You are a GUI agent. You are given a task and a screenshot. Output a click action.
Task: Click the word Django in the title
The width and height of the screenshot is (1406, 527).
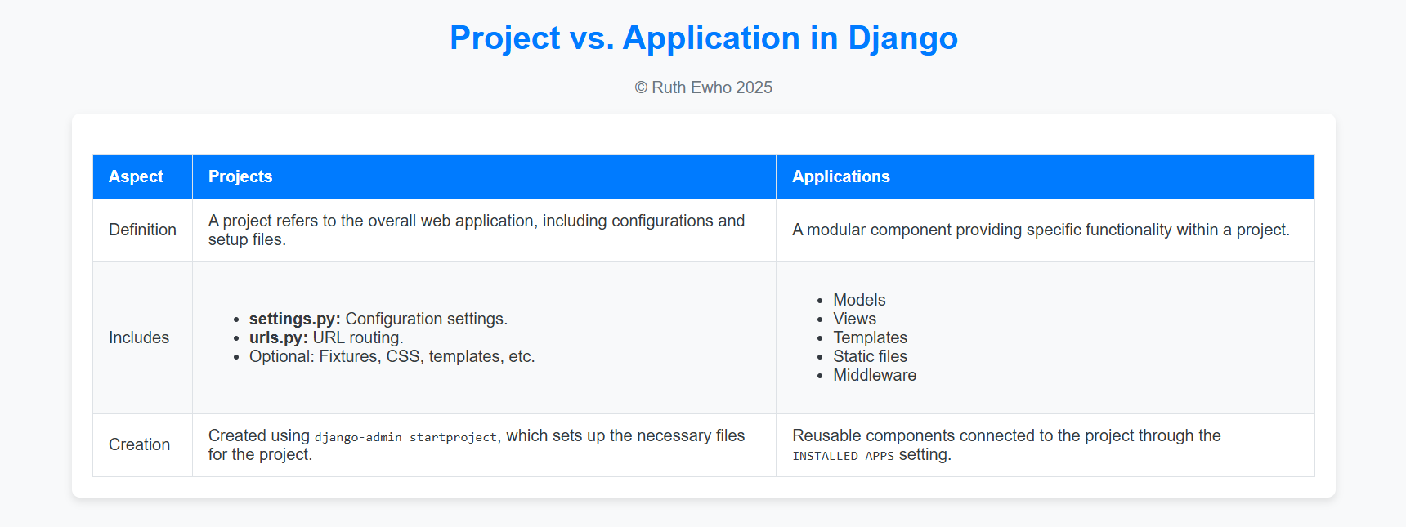point(902,38)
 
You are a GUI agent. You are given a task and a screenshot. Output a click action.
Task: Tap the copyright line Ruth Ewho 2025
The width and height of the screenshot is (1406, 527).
point(704,87)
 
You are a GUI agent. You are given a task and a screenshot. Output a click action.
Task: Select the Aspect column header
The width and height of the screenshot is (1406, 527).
point(136,176)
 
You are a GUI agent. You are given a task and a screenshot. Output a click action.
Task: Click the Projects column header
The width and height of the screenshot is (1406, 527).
point(240,176)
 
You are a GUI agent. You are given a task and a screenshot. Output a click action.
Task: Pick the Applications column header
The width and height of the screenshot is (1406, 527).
point(841,176)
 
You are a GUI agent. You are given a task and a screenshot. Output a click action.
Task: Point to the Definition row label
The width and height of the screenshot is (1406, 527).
point(142,230)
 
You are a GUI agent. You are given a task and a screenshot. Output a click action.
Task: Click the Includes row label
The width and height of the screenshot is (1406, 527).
point(139,337)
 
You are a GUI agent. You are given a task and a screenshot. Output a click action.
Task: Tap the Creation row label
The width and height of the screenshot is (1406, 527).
point(139,444)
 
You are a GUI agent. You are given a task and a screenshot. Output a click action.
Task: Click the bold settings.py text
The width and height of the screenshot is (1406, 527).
point(295,319)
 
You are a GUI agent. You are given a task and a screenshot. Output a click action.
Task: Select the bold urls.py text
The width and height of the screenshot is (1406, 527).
point(279,337)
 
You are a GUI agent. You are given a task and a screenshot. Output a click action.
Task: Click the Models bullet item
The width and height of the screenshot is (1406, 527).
point(859,300)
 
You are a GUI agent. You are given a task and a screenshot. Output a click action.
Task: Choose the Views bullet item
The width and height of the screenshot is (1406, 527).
point(854,319)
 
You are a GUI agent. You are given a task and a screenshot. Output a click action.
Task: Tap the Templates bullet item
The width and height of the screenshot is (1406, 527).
point(870,337)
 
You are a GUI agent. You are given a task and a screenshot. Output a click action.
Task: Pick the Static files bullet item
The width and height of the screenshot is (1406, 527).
point(870,356)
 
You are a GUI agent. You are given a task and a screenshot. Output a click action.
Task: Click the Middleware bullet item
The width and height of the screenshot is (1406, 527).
point(875,375)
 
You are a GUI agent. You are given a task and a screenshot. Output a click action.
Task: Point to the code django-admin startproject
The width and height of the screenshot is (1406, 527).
point(405,437)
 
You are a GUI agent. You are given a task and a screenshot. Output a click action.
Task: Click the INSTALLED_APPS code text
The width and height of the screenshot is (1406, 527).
point(843,456)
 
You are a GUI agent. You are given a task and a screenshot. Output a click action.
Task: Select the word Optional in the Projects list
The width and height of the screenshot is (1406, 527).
point(282,356)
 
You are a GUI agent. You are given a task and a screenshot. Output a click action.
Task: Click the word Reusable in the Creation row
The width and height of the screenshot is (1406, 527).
point(826,435)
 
